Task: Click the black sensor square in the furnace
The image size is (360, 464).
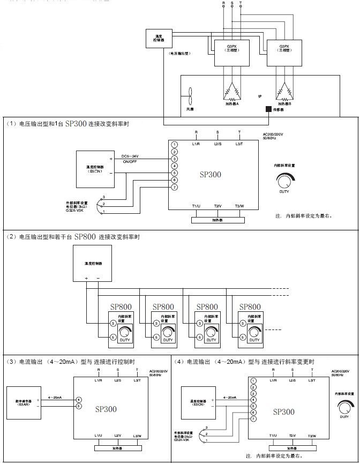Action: click(269, 109)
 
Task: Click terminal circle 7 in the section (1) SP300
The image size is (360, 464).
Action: click(175, 187)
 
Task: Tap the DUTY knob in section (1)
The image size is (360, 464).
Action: click(284, 181)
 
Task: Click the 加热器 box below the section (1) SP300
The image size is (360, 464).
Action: click(217, 220)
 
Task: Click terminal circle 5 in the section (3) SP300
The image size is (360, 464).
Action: click(79, 406)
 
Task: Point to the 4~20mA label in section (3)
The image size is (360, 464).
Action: click(55, 398)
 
